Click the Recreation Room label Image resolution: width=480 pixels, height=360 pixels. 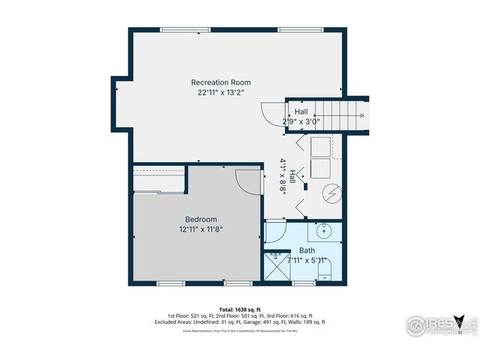[220, 82]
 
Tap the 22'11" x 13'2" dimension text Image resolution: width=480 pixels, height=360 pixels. [220, 92]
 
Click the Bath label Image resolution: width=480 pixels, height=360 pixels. [307, 250]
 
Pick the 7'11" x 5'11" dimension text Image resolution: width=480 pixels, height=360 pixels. [307, 260]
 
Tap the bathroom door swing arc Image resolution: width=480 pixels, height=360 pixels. [274, 235]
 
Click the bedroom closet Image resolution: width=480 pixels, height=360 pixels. [160, 181]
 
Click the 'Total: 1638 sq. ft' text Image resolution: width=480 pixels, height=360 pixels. [239, 309]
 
